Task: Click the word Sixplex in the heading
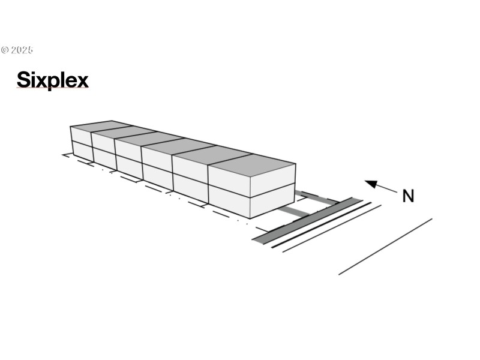coord(53,80)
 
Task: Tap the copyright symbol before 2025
coord(5,50)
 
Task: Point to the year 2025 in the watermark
coord(22,50)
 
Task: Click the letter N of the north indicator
coord(408,196)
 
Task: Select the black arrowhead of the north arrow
coord(371,184)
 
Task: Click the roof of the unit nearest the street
coord(252,165)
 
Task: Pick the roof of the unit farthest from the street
coord(101,126)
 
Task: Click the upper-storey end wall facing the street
coord(272,181)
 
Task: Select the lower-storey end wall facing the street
coord(272,201)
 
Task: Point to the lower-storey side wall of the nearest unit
coord(229,202)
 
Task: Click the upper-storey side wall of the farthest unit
coord(81,136)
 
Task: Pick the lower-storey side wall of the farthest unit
coord(83,151)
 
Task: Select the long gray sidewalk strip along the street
coord(307,221)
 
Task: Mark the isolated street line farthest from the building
coord(385,247)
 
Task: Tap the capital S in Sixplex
coord(23,80)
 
